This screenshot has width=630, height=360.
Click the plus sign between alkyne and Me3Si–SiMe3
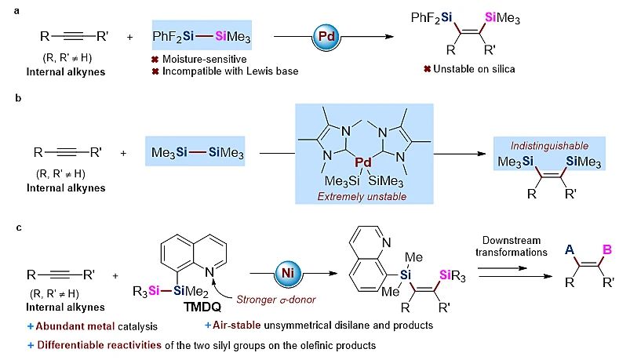click(x=124, y=151)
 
